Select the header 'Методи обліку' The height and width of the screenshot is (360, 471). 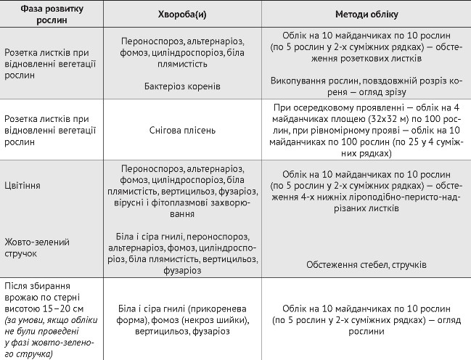[x=364, y=15]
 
